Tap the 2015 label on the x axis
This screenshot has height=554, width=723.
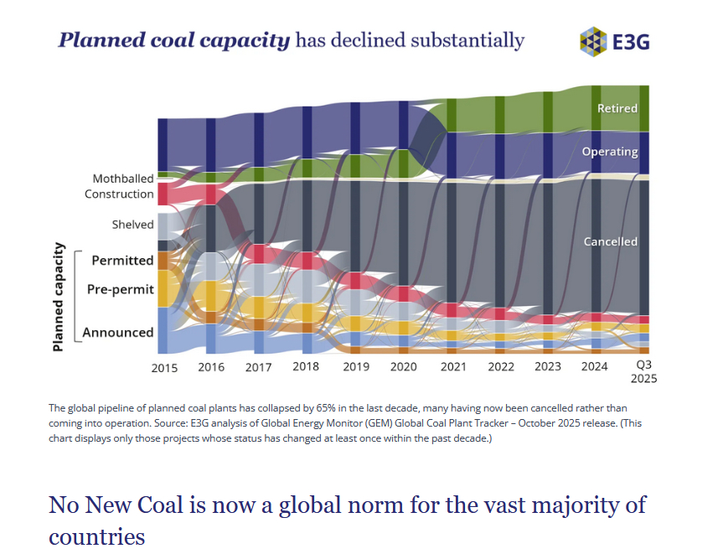[164, 368]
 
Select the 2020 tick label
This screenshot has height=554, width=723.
[403, 368]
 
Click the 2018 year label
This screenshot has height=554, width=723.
[307, 367]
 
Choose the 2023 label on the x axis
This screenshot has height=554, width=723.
[548, 366]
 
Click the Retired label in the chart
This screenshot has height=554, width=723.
[617, 108]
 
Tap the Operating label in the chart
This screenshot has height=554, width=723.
[610, 153]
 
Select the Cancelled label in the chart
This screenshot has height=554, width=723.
[611, 241]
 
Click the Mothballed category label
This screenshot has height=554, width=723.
[123, 179]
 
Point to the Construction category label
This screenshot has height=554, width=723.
[119, 194]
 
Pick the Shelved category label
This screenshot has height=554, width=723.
[133, 225]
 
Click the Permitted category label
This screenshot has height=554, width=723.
[122, 261]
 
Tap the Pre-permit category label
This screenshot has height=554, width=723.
[121, 290]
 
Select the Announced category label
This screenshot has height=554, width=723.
[118, 333]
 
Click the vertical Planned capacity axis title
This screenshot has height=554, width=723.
[59, 297]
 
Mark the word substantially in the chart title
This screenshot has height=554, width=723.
[466, 40]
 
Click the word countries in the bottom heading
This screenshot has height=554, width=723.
[97, 536]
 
